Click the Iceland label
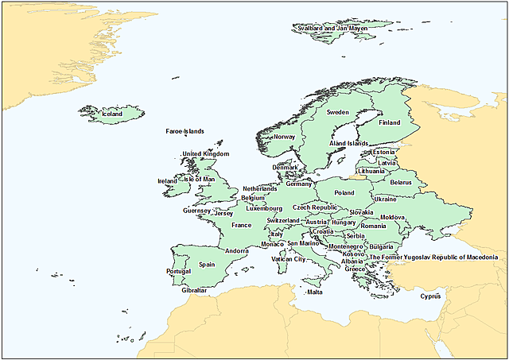(x=112, y=114)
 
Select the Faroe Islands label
(x=185, y=132)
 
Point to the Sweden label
(x=338, y=113)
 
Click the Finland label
(x=389, y=123)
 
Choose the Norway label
(x=284, y=137)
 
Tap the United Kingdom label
(x=206, y=154)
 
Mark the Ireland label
(x=167, y=181)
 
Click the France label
(x=241, y=226)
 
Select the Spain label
(x=207, y=265)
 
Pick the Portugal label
(x=179, y=272)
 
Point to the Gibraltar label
(x=194, y=291)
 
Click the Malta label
(x=315, y=292)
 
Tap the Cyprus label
(x=430, y=296)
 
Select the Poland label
(x=344, y=193)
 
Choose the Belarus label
(x=401, y=183)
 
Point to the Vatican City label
(x=288, y=259)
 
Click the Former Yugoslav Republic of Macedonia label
(x=434, y=257)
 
